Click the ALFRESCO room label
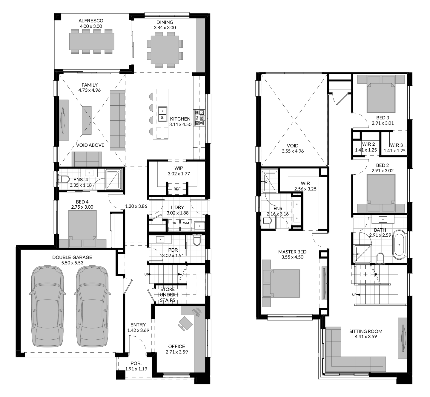(91, 21)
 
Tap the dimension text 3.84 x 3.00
(165, 27)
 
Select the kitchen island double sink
(162, 114)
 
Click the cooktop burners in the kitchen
(199, 118)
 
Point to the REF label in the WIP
(177, 189)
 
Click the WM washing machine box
(186, 223)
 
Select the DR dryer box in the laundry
(174, 223)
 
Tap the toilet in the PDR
(197, 241)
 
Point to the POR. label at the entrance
(136, 363)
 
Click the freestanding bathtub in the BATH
(399, 244)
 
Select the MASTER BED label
(292, 252)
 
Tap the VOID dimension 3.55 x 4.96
(293, 151)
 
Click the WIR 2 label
(368, 144)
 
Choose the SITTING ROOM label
(366, 331)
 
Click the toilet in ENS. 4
(64, 179)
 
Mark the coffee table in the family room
(87, 120)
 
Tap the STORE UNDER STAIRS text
(168, 295)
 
